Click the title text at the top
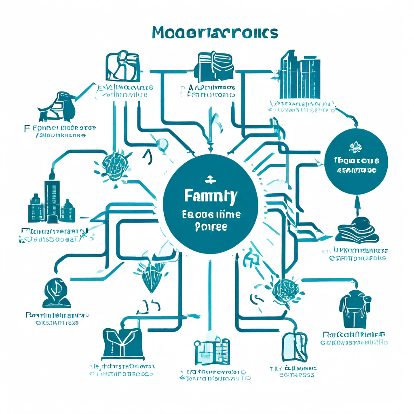pos(215,32)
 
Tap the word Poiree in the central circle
pos(211,226)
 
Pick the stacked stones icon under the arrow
pos(357,230)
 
